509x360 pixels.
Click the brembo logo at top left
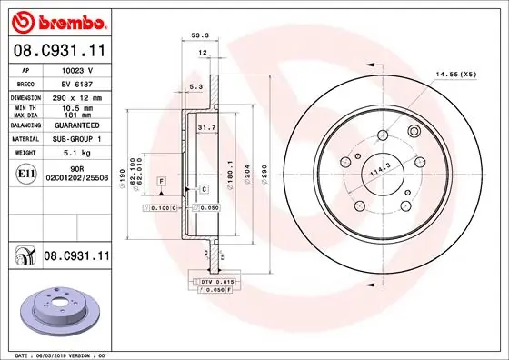coord(58,20)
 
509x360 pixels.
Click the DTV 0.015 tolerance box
coord(210,281)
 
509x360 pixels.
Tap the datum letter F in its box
coord(161,182)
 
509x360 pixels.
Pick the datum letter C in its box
coord(204,188)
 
